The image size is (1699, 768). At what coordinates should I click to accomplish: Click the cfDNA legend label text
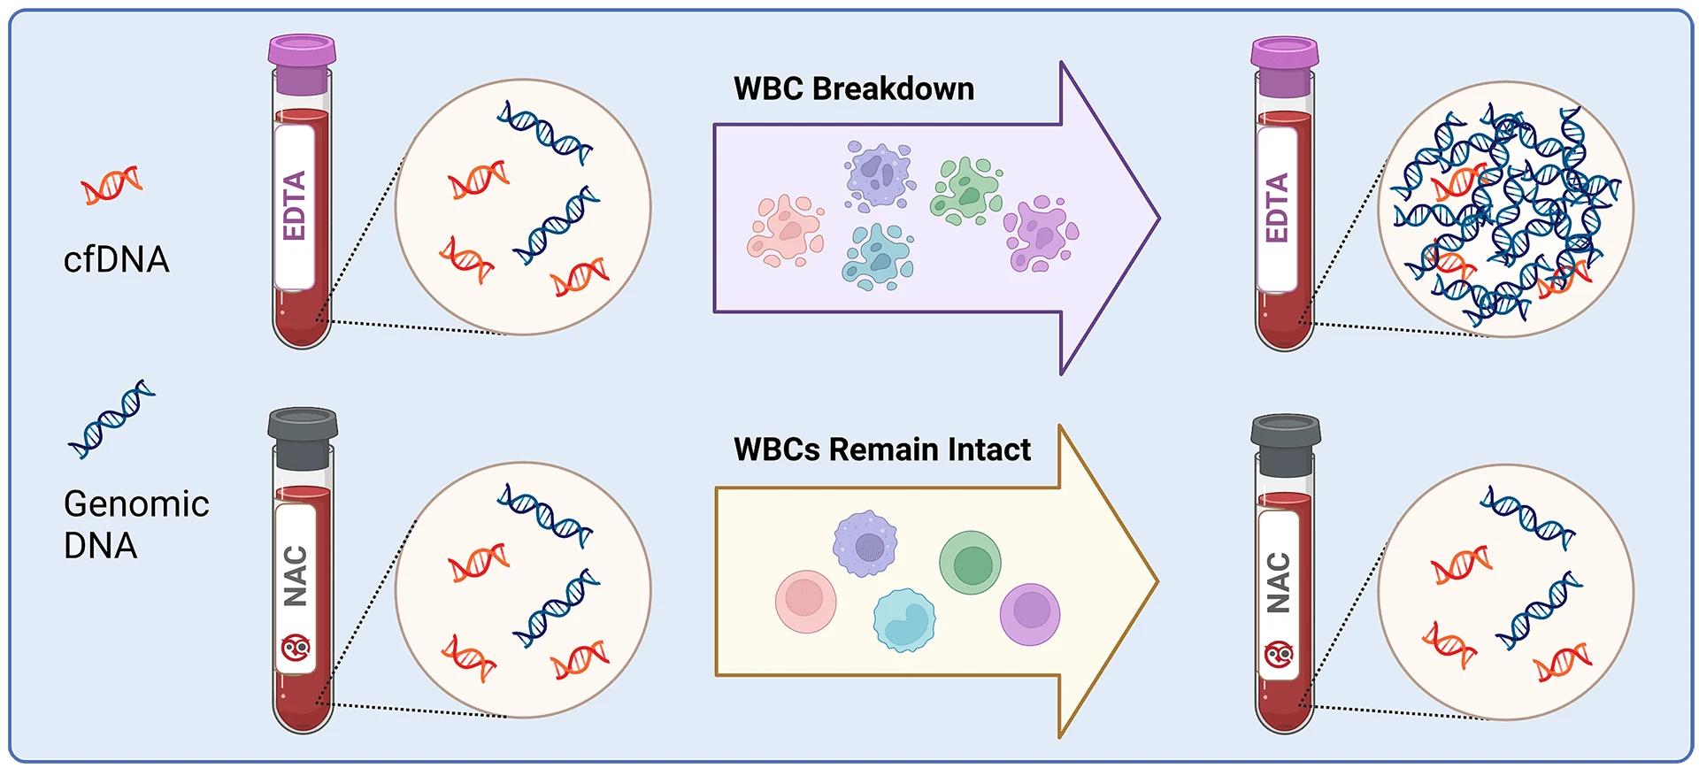tap(116, 260)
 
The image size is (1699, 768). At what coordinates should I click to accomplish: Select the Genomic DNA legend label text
tap(136, 525)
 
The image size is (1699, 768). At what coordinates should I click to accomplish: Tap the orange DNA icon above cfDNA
tap(111, 184)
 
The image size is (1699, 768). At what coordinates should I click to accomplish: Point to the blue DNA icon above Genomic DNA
tap(111, 419)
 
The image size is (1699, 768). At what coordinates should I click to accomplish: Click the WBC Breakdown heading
tap(854, 88)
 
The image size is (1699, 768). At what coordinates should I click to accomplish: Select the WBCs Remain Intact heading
tap(882, 449)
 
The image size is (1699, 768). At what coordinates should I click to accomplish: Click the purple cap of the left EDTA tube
tap(302, 64)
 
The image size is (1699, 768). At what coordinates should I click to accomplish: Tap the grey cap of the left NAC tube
tap(303, 438)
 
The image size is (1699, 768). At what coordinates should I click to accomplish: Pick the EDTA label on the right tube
tap(1276, 209)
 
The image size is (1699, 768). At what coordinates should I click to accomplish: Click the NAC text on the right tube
tap(1278, 582)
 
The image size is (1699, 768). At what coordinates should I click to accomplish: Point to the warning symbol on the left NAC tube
tap(296, 649)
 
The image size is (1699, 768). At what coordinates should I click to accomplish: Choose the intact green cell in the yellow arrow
tap(970, 563)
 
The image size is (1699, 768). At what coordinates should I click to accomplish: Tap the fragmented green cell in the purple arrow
tap(965, 190)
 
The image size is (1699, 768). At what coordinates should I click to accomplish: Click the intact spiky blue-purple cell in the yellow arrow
tap(865, 543)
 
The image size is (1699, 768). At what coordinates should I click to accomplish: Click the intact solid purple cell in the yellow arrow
tap(1030, 614)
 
